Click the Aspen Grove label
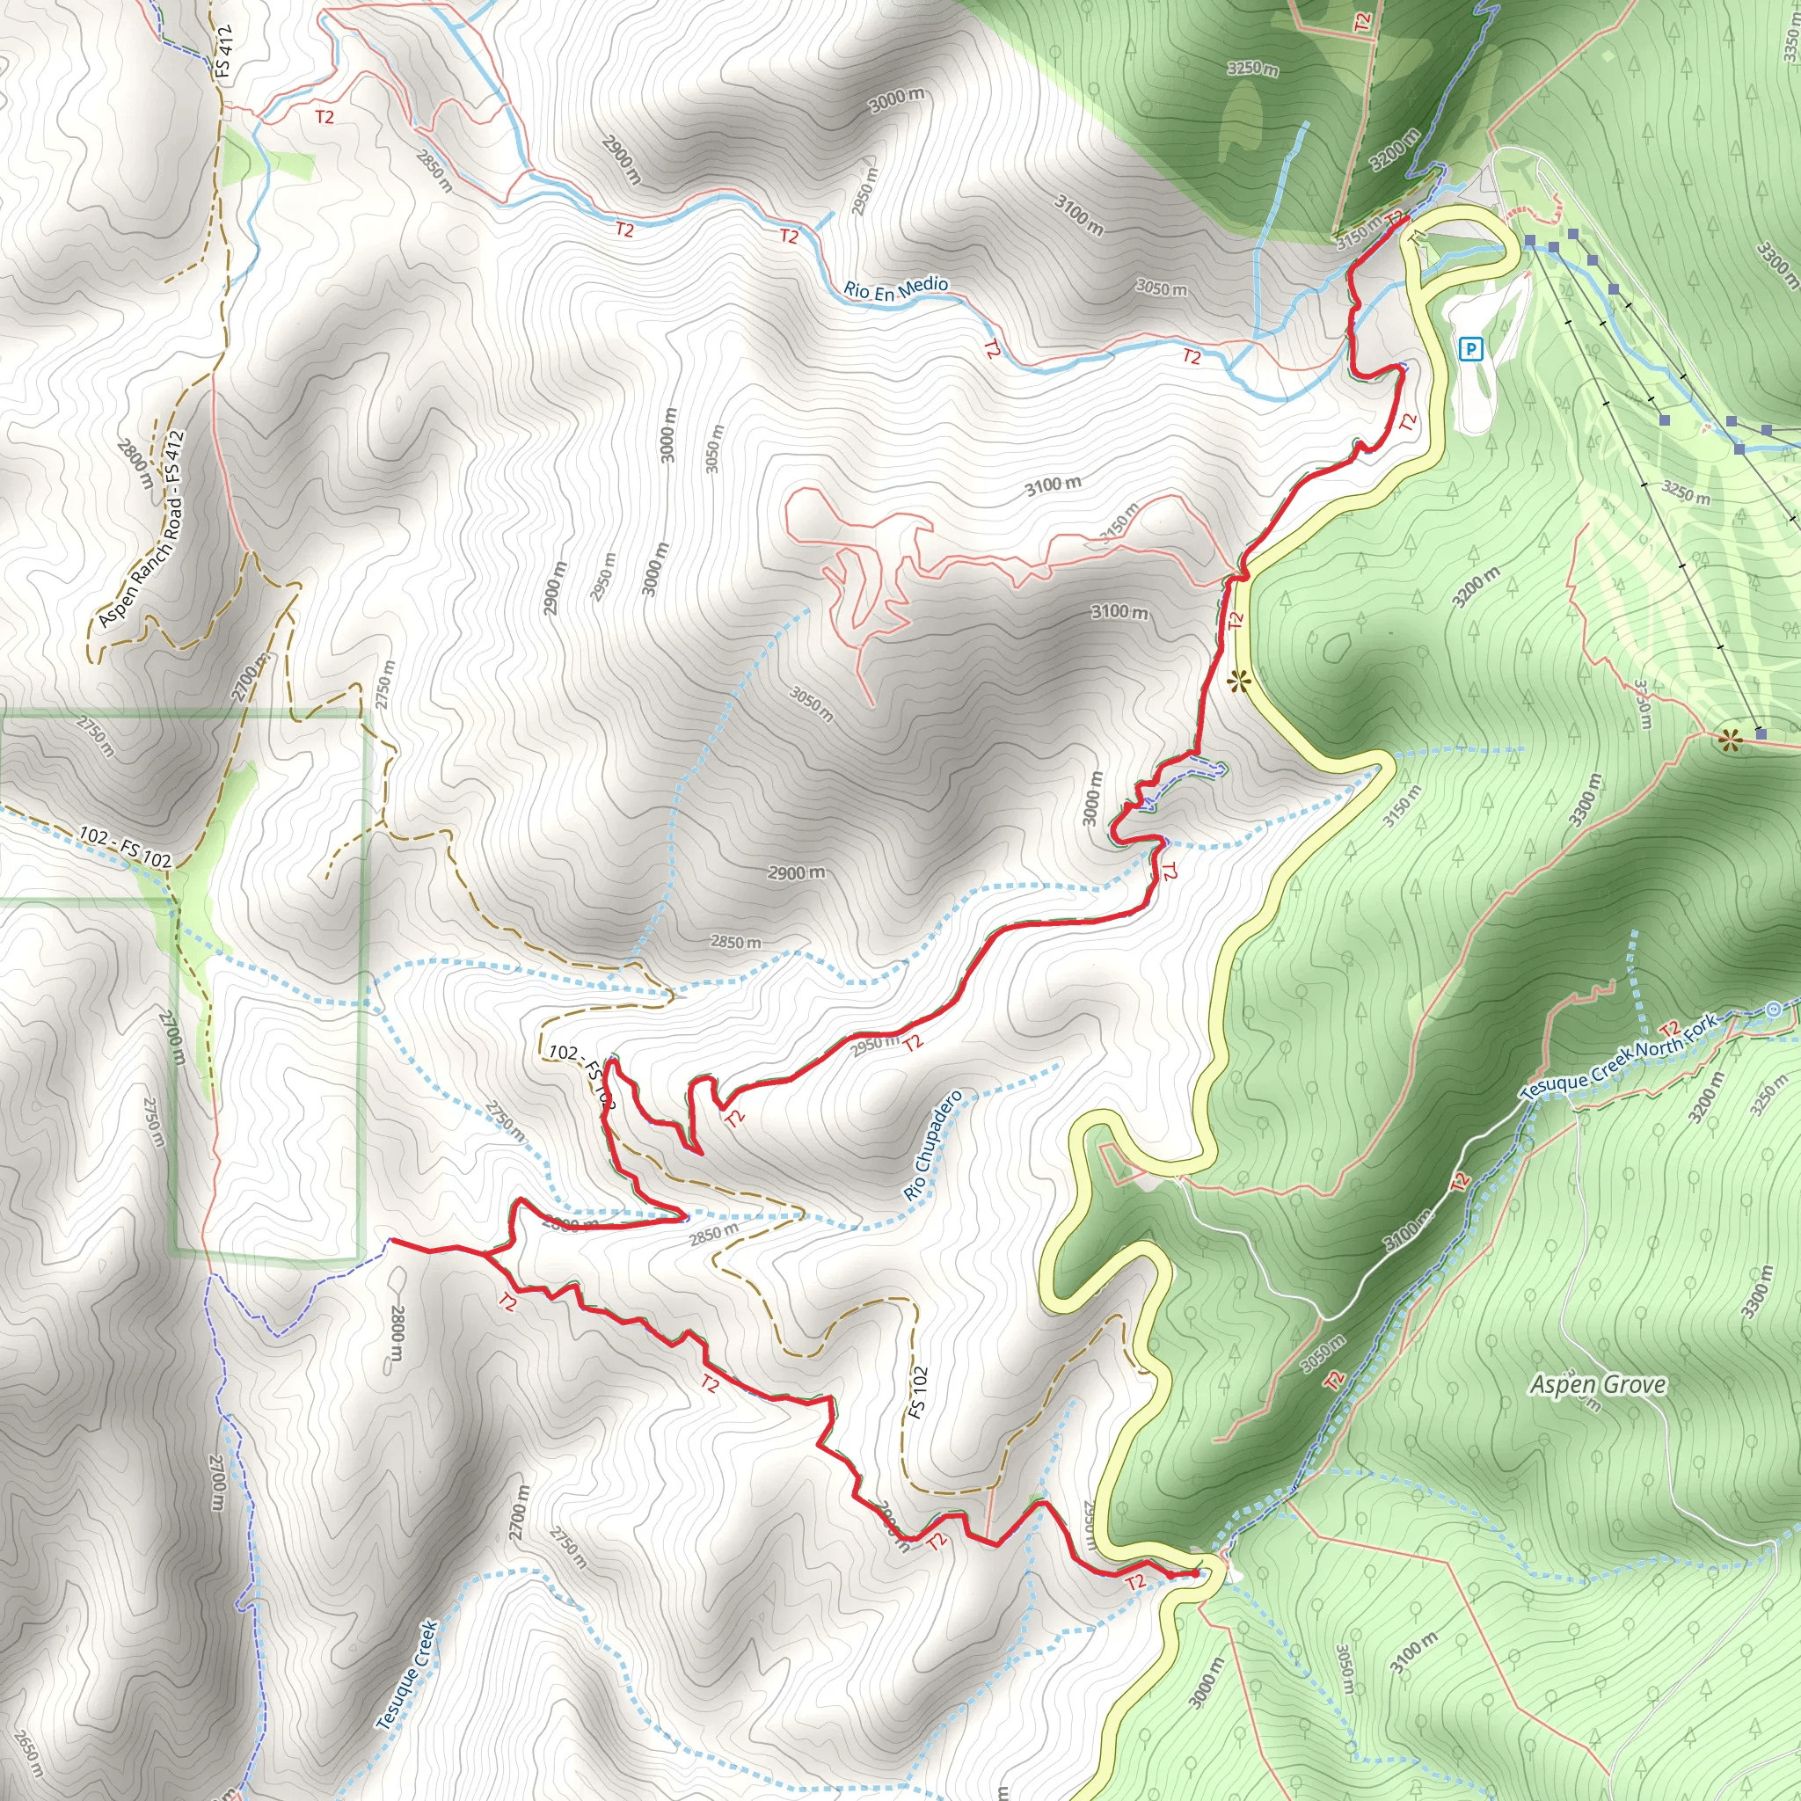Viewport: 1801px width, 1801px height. coord(1598,1384)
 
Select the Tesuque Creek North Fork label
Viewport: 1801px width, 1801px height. coord(1618,1056)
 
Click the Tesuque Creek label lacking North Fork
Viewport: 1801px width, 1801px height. coord(407,1674)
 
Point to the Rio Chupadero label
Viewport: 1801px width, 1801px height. coord(932,1145)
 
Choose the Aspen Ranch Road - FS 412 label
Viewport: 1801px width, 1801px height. coord(142,528)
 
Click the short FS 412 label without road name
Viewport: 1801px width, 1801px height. coord(222,51)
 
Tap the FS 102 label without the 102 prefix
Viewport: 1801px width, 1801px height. coord(919,1393)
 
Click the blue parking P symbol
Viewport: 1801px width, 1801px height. coord(1470,350)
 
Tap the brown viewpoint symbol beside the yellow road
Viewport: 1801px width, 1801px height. coord(1238,682)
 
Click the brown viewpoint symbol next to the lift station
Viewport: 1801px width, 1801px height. coord(1730,741)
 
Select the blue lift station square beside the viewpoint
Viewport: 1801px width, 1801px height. coord(1760,734)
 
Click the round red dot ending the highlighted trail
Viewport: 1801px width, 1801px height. coord(1195,1574)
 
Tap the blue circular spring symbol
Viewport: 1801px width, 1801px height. coord(1773,1009)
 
